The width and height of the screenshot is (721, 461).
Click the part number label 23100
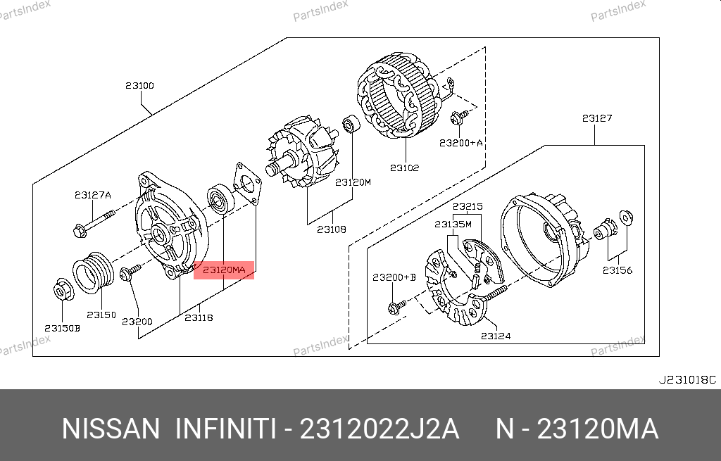[x=140, y=85]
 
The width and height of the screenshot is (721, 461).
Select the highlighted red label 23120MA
[x=224, y=270]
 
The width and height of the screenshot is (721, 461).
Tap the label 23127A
[x=93, y=195]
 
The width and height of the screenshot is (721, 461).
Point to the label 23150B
[x=62, y=328]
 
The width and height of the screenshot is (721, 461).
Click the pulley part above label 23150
[x=94, y=272]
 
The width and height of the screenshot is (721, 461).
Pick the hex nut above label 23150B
[x=62, y=289]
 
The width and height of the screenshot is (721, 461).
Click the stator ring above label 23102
[x=399, y=95]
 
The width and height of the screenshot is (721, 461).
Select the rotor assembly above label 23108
[x=303, y=153]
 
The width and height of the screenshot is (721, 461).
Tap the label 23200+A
[x=461, y=143]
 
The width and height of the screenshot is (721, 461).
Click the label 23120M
[x=353, y=182]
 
